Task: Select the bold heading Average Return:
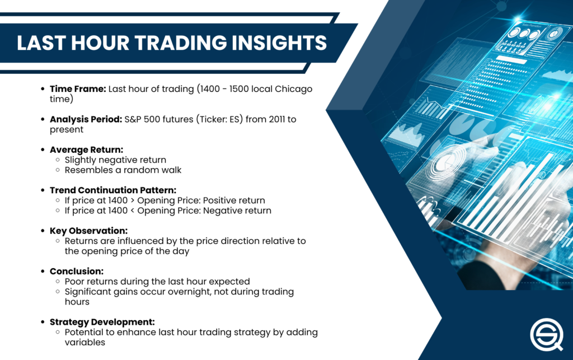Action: point(86,150)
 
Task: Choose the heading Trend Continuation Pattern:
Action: point(113,190)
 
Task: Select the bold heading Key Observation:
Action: point(88,231)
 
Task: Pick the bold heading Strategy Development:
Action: point(102,322)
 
